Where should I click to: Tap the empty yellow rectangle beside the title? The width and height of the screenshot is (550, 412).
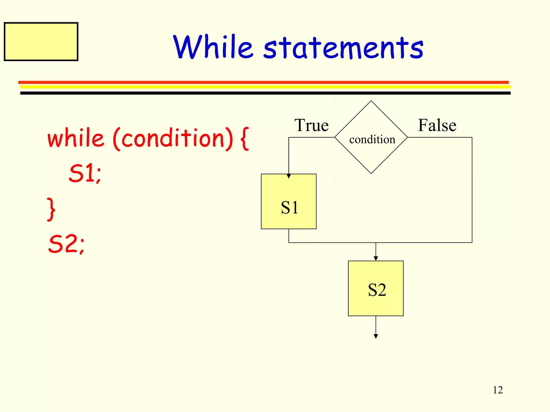tap(41, 42)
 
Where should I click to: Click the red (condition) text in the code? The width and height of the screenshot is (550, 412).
tap(173, 139)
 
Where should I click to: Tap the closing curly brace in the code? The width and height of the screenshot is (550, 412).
tap(51, 209)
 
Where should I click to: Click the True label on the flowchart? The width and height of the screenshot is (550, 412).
tap(312, 125)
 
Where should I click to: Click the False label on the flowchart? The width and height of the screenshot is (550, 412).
tap(437, 125)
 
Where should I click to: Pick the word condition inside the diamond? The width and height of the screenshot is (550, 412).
tap(372, 139)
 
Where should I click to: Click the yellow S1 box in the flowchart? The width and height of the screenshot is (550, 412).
tap(289, 204)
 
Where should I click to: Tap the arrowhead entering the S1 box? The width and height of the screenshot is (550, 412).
tap(289, 176)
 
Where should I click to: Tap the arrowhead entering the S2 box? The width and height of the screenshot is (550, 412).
tap(376, 258)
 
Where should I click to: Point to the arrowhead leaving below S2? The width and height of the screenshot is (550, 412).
tap(376, 336)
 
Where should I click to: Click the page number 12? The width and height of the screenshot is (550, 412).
tap(498, 390)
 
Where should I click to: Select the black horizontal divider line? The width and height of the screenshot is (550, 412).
tap(265, 93)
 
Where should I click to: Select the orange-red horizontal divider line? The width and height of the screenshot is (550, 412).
tap(263, 82)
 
